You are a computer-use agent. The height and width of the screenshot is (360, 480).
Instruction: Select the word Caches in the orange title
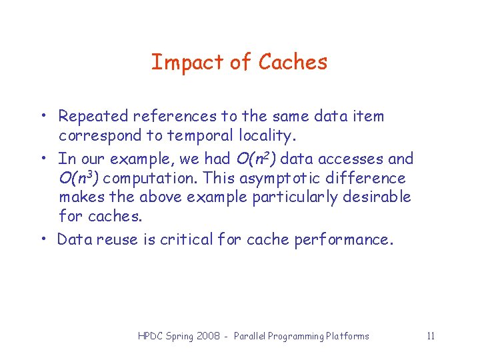293,62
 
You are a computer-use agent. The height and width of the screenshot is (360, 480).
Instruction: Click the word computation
151,179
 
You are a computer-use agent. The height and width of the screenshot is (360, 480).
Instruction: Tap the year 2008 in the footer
209,337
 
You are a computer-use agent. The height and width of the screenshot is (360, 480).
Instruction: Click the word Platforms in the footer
347,337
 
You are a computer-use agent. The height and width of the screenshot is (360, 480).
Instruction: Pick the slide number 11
431,336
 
